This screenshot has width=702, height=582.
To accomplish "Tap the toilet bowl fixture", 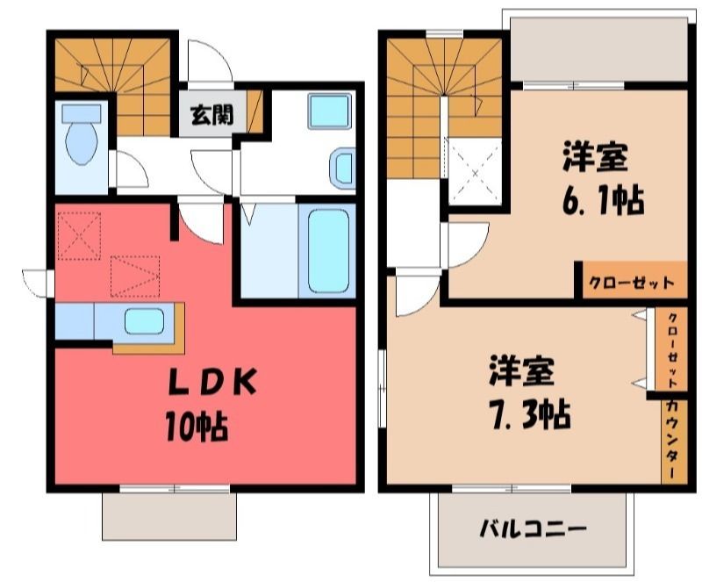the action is pos(81,134).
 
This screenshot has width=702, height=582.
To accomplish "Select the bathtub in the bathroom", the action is pos(328,251).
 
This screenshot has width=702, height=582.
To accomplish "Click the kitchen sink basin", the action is pos(144,321).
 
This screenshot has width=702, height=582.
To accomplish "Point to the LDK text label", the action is pos(211,382).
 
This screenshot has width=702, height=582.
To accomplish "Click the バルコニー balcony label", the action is pos(533,529).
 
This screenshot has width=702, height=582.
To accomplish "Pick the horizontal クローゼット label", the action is pos(631,284).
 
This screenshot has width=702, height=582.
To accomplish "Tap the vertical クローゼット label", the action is pos(672,350).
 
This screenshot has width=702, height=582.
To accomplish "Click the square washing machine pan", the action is pos(330,111).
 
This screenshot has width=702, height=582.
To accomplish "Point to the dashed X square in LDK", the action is pos(79,235).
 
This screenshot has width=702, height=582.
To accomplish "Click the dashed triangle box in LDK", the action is pos(135,276).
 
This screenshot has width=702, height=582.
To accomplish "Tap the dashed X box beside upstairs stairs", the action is pos(475,171).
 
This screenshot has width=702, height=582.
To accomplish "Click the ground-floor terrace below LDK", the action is pos(169,516).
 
